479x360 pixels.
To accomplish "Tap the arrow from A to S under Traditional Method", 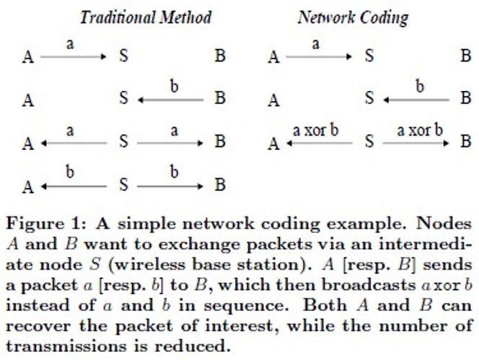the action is (74, 56).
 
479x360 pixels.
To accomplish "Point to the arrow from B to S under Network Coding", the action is (416, 100).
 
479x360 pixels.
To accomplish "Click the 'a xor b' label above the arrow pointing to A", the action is (315, 131).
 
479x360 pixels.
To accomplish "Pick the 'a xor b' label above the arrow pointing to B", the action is (420, 131).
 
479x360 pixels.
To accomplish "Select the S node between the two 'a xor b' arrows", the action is (369, 141).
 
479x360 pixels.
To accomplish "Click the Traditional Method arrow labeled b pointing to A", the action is (74, 186).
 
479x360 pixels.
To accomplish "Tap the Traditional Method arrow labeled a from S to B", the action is (170, 143).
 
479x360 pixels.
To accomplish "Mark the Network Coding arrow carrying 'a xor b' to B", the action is (416, 143).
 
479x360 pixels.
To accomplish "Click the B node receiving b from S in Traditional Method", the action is (220, 185).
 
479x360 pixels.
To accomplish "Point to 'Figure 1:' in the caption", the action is (46, 224).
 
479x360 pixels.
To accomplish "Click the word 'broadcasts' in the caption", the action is (369, 285).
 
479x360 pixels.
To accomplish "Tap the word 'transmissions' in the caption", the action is (66, 346).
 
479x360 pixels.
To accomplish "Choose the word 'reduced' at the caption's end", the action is (192, 346).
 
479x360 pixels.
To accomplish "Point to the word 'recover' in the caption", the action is (38, 326).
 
